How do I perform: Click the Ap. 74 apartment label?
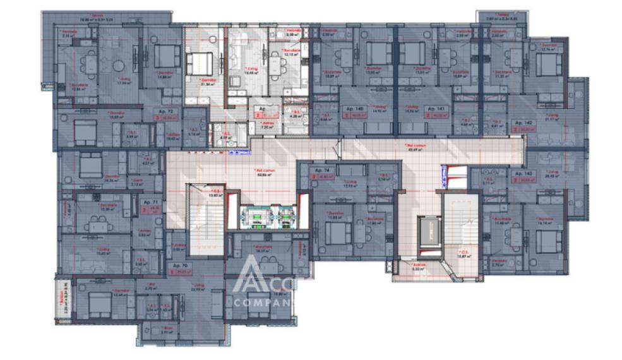(x=323, y=171)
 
